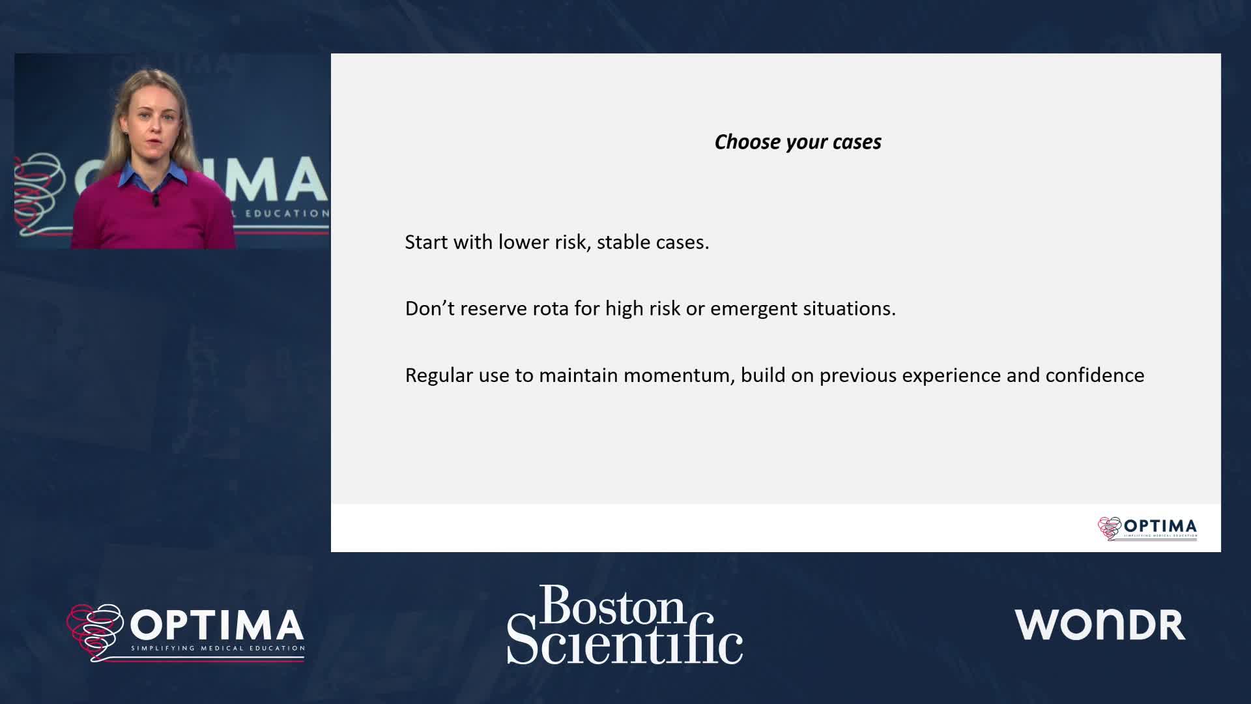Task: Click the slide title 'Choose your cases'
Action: pyautogui.click(x=798, y=142)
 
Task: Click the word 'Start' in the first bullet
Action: pyautogui.click(x=426, y=242)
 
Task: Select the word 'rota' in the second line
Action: pyautogui.click(x=551, y=308)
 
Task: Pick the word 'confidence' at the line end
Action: pyautogui.click(x=1095, y=375)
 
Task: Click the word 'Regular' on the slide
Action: pyautogui.click(x=439, y=375)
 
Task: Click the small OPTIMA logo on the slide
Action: pyautogui.click(x=1147, y=528)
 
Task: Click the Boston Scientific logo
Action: pyautogui.click(x=625, y=624)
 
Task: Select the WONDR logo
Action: pyautogui.click(x=1100, y=624)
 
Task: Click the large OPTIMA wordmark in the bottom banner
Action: pyautogui.click(x=217, y=625)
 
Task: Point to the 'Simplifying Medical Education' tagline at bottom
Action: pyautogui.click(x=218, y=649)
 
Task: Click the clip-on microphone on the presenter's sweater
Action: pyautogui.click(x=156, y=199)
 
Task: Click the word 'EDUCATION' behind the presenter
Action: pyautogui.click(x=287, y=213)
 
